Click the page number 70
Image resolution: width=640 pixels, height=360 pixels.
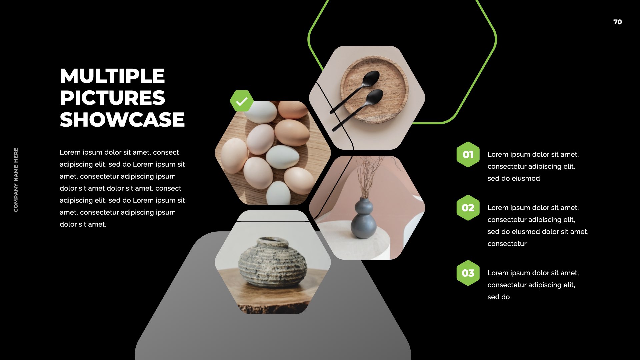click(617, 22)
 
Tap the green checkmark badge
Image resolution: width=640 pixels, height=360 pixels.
click(242, 101)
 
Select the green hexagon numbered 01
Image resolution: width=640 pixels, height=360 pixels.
click(468, 154)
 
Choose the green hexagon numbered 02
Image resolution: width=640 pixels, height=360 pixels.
click(468, 208)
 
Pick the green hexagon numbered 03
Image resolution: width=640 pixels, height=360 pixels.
click(468, 273)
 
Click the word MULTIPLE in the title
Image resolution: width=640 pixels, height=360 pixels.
click(112, 76)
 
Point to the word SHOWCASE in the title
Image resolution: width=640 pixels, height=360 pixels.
click(122, 119)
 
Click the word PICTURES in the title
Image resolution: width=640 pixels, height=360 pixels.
click(112, 98)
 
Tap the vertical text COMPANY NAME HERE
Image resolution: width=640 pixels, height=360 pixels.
click(16, 180)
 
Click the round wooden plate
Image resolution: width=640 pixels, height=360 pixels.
click(374, 89)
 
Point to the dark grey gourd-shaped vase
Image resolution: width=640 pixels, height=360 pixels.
click(364, 218)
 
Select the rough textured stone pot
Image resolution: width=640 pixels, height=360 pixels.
click(273, 262)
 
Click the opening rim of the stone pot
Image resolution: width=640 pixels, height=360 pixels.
click(273, 242)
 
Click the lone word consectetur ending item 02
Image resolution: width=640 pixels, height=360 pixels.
click(507, 244)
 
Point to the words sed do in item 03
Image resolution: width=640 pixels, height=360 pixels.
click(499, 297)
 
